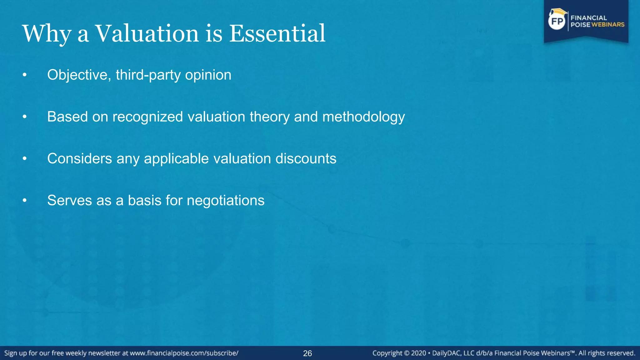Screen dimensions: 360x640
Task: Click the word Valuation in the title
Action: tap(147, 33)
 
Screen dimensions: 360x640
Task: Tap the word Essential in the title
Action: tap(277, 33)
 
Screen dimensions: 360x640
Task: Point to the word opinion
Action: tap(208, 75)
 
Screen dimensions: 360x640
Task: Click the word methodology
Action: tap(363, 117)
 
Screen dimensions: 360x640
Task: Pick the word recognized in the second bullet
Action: tap(147, 117)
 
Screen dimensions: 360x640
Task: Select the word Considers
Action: tap(79, 158)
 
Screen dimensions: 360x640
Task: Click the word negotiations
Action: tap(225, 201)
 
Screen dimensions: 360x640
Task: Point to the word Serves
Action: tap(69, 200)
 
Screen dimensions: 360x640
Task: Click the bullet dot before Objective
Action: tap(25, 75)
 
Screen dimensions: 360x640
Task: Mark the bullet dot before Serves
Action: tap(25, 201)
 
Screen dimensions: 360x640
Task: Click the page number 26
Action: tap(307, 353)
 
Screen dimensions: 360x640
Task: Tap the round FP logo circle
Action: tap(557, 21)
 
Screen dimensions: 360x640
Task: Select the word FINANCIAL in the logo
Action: tap(588, 18)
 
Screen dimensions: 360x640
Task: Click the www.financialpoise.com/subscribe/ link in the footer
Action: tap(184, 353)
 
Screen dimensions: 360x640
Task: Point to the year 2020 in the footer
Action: tap(418, 353)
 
